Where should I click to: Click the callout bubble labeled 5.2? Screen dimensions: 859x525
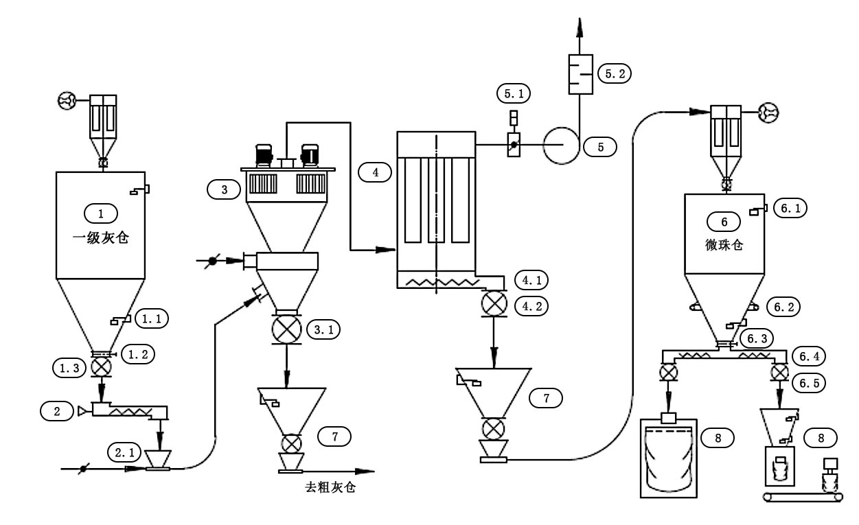pos(615,73)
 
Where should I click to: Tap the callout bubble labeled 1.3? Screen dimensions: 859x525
pos(69,368)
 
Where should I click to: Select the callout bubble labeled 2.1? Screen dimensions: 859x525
pos(124,452)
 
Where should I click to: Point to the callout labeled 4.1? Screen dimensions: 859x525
pos(531,280)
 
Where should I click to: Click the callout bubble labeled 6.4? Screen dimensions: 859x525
pos(809,356)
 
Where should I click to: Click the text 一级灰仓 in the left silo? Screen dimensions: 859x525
pos(101,238)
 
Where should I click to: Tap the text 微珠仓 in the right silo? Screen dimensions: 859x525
pos(724,245)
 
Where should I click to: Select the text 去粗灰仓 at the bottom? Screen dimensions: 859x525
pos(330,487)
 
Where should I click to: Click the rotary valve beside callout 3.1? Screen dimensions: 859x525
pos(286,329)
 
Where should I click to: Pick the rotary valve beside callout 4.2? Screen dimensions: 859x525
pos(494,303)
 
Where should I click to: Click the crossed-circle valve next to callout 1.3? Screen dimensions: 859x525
pos(101,367)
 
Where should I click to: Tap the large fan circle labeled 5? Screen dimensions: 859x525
pos(562,145)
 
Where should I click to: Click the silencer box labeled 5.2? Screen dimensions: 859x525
pos(580,74)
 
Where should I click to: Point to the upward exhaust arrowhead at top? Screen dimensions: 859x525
pos(580,27)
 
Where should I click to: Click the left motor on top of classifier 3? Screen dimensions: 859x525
pos(264,155)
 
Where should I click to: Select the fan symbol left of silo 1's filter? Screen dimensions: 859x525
pos(67,100)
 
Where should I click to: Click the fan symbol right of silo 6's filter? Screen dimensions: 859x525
pos(769,113)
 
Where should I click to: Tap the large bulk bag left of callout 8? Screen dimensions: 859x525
pos(668,458)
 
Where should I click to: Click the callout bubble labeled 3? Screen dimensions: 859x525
pos(224,189)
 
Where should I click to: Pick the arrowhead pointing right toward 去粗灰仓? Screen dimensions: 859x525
pos(365,471)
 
